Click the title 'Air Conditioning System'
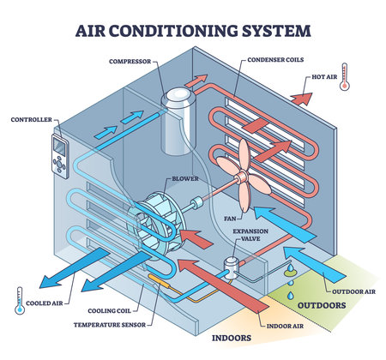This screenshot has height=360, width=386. [x=193, y=31]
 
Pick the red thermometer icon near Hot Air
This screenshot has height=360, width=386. [x=344, y=78]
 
